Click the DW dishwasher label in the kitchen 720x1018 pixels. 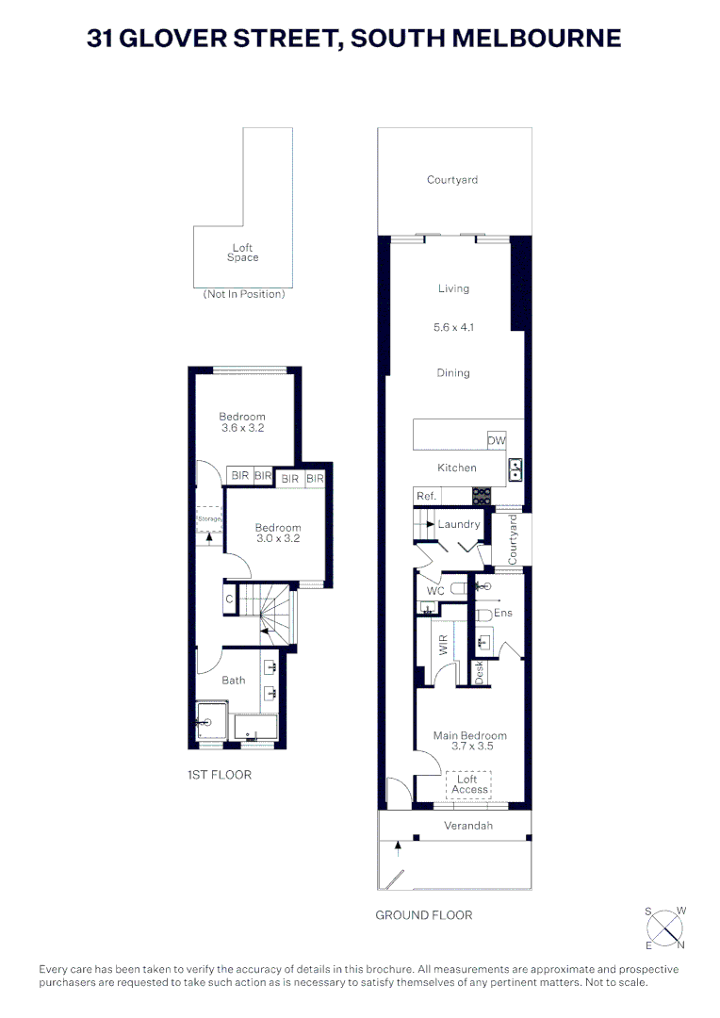tap(496, 440)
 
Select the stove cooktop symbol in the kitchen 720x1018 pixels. tap(482, 495)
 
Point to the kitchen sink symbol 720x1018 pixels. tap(515, 468)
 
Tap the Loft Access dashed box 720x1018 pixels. tap(468, 784)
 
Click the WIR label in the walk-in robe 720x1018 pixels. tap(443, 645)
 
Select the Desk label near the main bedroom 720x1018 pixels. tap(479, 671)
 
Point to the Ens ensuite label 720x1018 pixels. tap(502, 613)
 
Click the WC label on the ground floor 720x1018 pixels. tap(434, 591)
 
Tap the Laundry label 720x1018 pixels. tap(459, 524)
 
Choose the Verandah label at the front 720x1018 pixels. tap(468, 826)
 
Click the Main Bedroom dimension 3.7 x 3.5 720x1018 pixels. tap(469, 747)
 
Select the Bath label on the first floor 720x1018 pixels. tap(234, 680)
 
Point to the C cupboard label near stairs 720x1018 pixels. tap(229, 599)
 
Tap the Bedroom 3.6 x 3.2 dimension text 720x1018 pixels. tap(242, 428)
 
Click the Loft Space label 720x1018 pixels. tap(242, 253)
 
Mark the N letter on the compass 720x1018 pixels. tap(680, 944)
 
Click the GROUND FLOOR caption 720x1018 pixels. tap(424, 915)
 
